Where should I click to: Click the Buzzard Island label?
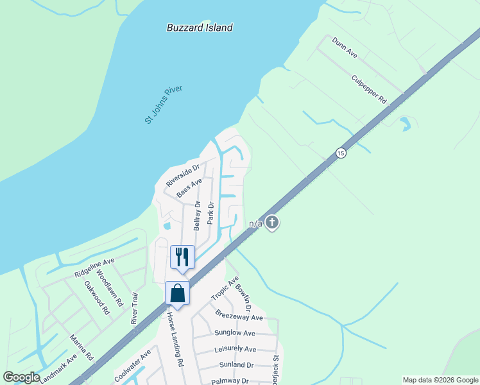(x=200, y=28)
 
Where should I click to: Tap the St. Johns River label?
(x=164, y=103)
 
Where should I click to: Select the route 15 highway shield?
(x=340, y=153)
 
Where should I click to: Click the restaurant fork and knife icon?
(x=182, y=257)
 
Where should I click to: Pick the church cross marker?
(x=272, y=223)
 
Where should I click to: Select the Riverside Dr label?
(x=184, y=175)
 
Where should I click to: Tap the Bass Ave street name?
(x=189, y=188)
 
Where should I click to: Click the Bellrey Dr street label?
(x=198, y=216)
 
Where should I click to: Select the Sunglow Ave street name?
(x=235, y=333)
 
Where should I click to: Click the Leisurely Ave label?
(x=235, y=349)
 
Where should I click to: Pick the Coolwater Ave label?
(x=133, y=363)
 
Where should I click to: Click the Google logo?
(x=21, y=377)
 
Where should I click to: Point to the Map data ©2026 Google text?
(x=440, y=380)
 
